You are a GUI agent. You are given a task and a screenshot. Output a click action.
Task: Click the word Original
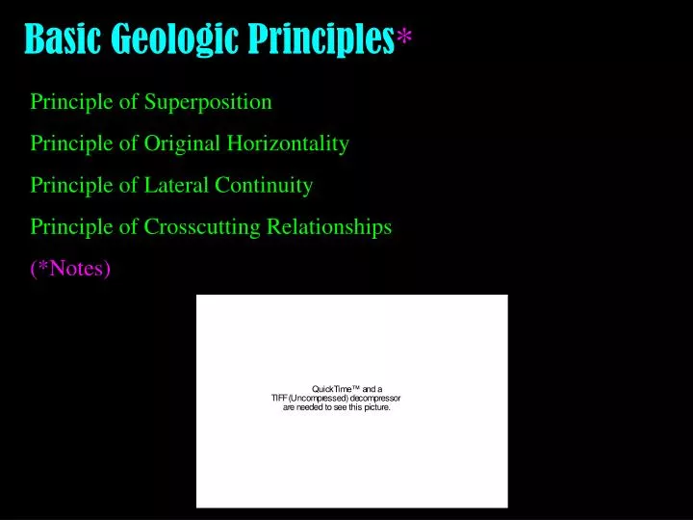click(x=182, y=144)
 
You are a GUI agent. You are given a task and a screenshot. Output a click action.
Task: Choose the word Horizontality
click(x=288, y=144)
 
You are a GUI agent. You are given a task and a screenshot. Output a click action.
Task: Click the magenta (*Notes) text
click(x=71, y=269)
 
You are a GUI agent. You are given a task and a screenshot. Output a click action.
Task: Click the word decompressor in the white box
click(x=375, y=398)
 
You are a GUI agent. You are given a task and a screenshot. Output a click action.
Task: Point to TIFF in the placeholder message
click(x=280, y=398)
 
